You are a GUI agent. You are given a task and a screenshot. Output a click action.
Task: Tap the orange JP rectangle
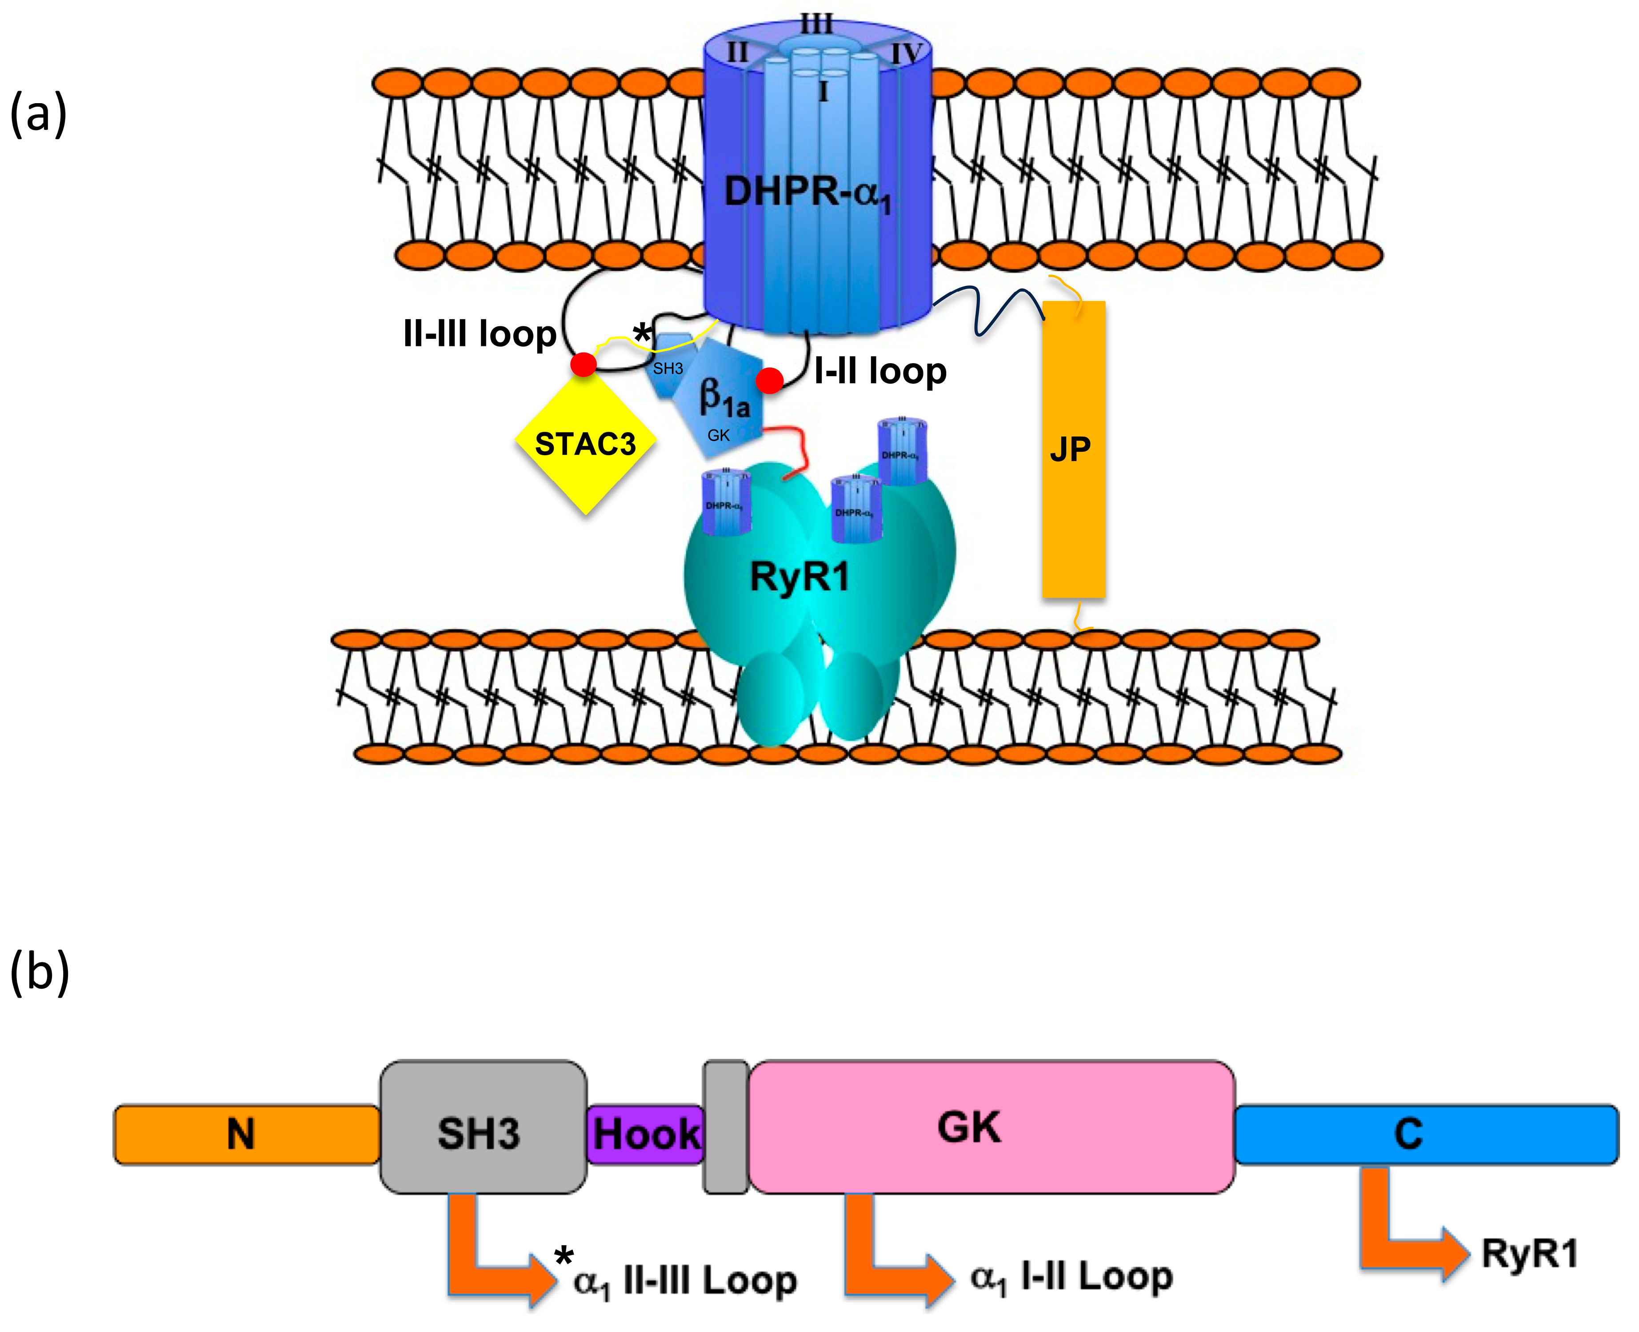pos(1073,449)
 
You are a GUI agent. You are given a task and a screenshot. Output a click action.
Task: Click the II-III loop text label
pos(480,334)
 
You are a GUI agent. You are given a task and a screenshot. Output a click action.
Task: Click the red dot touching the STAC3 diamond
pos(584,365)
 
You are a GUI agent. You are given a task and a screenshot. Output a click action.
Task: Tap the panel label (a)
pos(38,113)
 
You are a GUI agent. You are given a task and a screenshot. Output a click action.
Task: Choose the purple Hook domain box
pos(646,1134)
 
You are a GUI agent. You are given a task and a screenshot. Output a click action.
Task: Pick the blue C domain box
pos(1425,1134)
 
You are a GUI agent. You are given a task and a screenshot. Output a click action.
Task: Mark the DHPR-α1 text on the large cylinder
pos(808,192)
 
